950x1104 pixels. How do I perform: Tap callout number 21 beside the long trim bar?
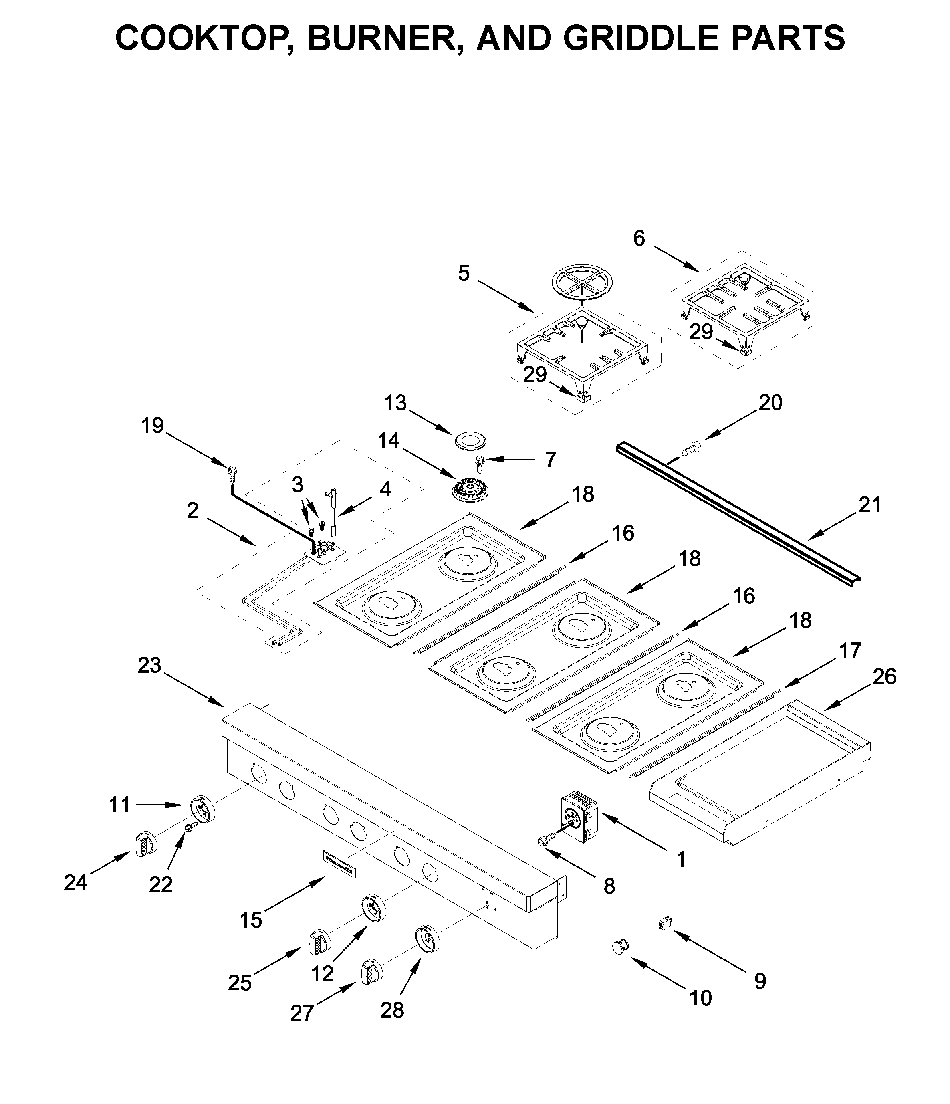point(869,505)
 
